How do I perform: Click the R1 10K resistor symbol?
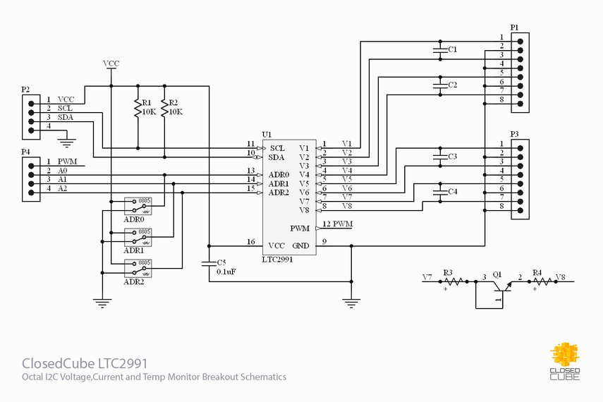pos(138,107)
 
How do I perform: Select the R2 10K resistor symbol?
pos(164,107)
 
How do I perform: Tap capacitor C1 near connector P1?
pos(439,49)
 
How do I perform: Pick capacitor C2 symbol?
pos(439,85)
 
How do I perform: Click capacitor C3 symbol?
pos(439,157)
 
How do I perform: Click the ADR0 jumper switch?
pos(138,205)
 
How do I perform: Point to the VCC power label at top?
pos(111,63)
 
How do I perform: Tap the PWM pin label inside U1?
pos(299,229)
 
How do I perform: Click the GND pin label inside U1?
pos(300,245)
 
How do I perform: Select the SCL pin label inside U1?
pos(277,148)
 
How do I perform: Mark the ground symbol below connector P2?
pos(66,144)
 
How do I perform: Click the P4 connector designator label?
pos(25,152)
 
